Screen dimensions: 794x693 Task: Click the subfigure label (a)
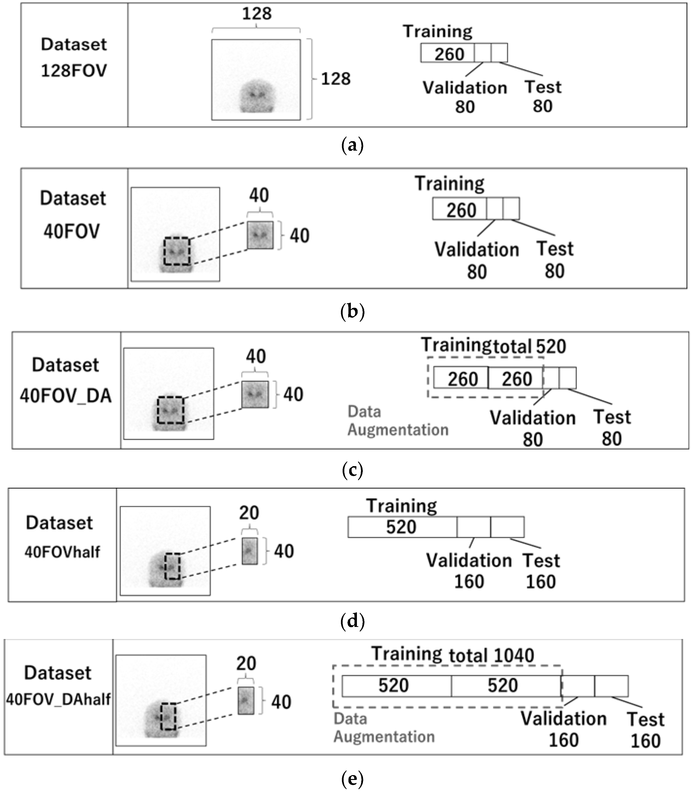click(352, 146)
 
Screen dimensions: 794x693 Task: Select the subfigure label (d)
click(352, 621)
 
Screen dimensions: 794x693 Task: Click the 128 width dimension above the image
click(257, 14)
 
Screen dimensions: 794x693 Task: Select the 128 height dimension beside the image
click(335, 79)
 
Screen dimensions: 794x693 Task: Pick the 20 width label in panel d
click(249, 513)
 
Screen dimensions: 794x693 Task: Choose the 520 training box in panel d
click(401, 527)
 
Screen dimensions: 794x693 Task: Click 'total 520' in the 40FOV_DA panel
click(529, 346)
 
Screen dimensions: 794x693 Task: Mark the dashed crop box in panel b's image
click(177, 251)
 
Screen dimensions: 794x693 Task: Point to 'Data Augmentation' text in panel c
click(398, 421)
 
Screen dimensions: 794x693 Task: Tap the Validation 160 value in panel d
click(469, 581)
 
